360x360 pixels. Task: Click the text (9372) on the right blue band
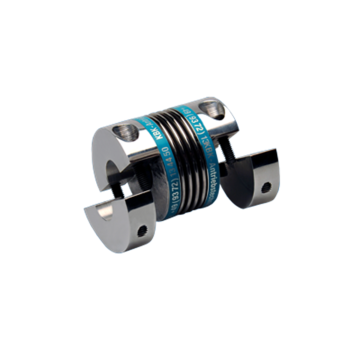194,122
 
